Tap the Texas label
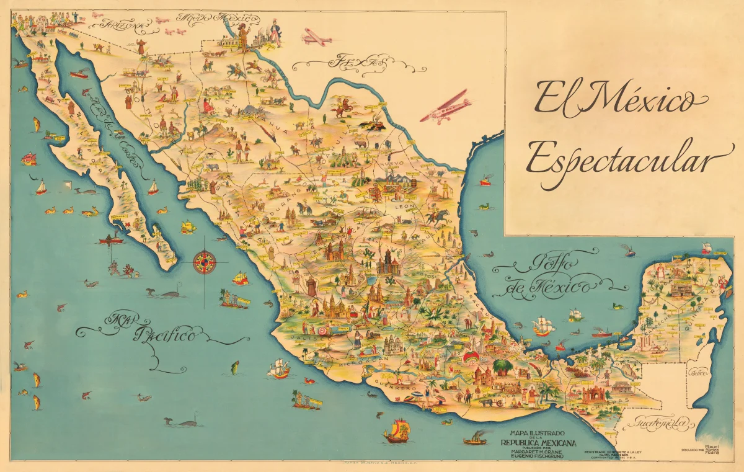click(x=350, y=62)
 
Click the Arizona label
click(x=126, y=25)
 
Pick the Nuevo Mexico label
click(x=208, y=17)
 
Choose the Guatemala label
click(x=660, y=424)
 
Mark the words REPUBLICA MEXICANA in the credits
click(x=538, y=442)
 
